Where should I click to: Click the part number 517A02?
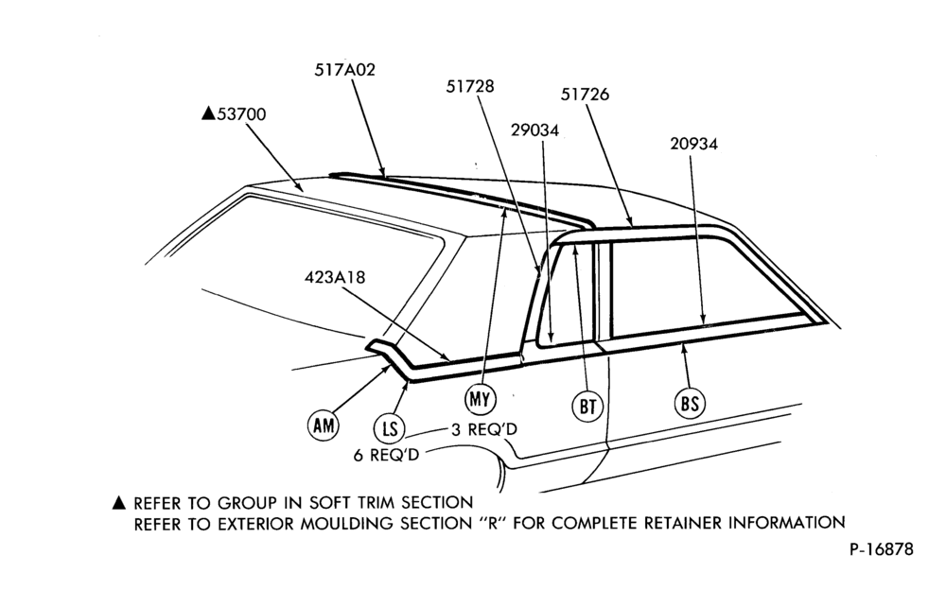click(344, 70)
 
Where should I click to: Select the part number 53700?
click(241, 114)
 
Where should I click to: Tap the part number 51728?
click(470, 87)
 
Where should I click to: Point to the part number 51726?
click(585, 95)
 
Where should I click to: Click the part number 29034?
click(534, 130)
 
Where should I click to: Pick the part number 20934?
click(693, 144)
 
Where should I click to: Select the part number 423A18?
click(335, 277)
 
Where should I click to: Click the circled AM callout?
click(324, 425)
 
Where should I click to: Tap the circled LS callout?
click(390, 429)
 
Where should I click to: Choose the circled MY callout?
click(481, 399)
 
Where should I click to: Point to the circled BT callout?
click(587, 406)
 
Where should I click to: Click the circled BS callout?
click(690, 403)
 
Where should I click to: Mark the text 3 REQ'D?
click(483, 429)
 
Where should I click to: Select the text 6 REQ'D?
click(386, 455)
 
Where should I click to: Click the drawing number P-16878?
click(882, 549)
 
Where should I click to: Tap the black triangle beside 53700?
click(208, 113)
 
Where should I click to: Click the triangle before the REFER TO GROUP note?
click(119, 502)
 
